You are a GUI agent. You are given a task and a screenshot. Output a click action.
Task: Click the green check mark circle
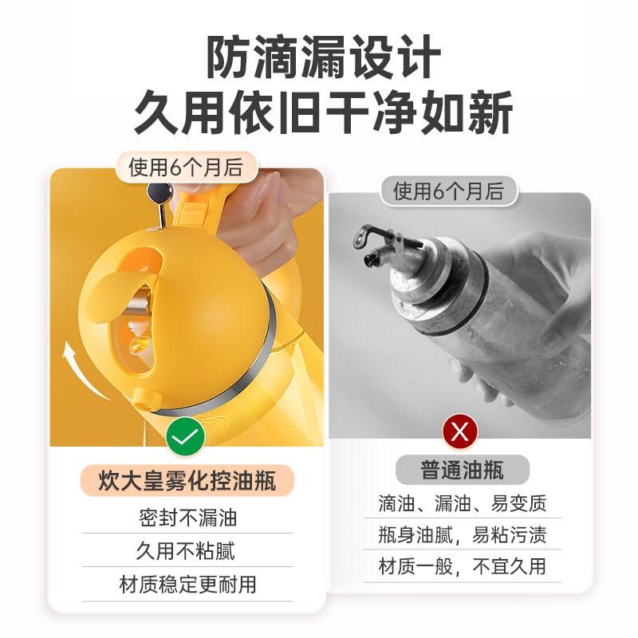(x=186, y=436)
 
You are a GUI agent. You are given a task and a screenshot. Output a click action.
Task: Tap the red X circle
(x=460, y=431)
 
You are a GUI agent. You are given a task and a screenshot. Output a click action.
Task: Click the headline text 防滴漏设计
(x=324, y=57)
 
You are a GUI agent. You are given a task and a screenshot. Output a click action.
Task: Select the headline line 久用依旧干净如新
(x=324, y=112)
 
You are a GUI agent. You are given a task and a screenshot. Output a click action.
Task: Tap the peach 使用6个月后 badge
(x=187, y=167)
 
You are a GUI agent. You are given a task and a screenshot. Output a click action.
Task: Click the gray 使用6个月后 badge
(x=448, y=191)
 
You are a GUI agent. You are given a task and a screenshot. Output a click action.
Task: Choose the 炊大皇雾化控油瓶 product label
(x=187, y=481)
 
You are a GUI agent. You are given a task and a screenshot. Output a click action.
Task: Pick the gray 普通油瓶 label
(x=463, y=470)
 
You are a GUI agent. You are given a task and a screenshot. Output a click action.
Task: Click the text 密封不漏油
(x=187, y=518)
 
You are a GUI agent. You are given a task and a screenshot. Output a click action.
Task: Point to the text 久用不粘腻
(x=186, y=551)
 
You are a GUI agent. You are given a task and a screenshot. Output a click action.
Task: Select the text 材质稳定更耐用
(x=187, y=585)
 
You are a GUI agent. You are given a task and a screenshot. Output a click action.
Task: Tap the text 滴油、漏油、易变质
(x=463, y=503)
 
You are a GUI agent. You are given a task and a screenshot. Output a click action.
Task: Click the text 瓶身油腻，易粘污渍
(x=463, y=534)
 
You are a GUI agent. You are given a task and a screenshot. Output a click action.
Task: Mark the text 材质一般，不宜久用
(x=463, y=566)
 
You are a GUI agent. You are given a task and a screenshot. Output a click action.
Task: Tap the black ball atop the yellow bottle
(x=159, y=193)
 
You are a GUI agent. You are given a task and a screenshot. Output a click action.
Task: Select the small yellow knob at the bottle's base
(x=147, y=400)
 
